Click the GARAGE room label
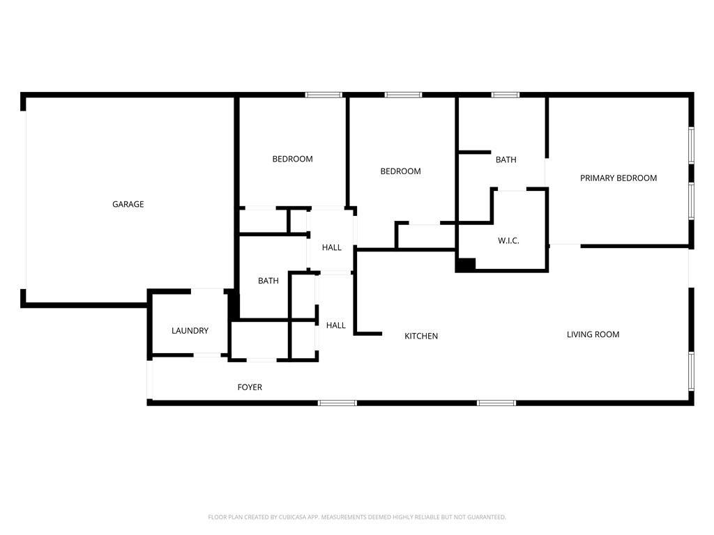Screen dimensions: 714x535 (128, 204)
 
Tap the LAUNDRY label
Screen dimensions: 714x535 (190, 331)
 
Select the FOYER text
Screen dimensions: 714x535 (250, 387)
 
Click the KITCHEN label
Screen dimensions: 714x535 (421, 336)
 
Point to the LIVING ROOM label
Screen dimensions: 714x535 (593, 334)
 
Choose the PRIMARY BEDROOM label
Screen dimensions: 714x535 (618, 178)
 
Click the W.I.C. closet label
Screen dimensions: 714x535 (508, 240)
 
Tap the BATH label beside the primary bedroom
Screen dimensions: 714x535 (506, 160)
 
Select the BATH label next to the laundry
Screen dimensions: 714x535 (268, 281)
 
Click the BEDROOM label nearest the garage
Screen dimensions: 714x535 (292, 159)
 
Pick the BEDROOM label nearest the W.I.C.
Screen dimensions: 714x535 (401, 171)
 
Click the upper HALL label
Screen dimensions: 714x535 (331, 247)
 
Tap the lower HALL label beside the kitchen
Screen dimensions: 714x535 (335, 325)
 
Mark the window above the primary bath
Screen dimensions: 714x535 (505, 95)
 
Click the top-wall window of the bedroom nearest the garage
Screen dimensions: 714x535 (324, 95)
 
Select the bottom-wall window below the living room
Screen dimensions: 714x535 (496, 403)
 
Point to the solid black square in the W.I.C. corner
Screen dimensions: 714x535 (465, 265)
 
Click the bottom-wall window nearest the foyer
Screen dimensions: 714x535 (337, 403)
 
